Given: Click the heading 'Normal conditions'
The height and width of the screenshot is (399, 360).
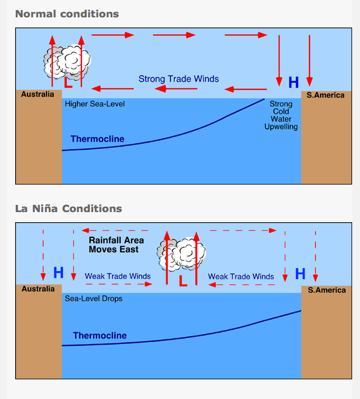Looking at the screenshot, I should point(67,13).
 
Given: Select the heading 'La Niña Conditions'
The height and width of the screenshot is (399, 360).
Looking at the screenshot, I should point(68,208).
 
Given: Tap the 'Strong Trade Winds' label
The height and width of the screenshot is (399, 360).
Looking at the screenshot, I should point(179,79).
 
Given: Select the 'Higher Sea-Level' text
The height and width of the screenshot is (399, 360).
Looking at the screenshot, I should point(95,104).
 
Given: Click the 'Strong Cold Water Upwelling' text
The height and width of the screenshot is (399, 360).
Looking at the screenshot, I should point(281,115).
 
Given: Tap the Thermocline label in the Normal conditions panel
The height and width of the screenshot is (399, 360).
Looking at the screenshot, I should point(97,139).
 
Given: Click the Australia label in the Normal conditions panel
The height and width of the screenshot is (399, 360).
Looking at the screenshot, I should point(38,94).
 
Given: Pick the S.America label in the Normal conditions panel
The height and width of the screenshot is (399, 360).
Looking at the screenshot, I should point(325,95).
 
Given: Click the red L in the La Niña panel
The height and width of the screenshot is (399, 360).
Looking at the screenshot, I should point(183,281).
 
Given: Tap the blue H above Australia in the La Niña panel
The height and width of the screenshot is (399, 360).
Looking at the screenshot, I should point(58,273).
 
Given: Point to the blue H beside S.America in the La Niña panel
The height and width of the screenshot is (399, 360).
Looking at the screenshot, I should point(300,274).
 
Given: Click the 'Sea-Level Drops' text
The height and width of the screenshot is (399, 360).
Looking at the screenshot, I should point(94,299).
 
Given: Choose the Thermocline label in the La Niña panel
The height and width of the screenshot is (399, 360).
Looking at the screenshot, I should point(99,336).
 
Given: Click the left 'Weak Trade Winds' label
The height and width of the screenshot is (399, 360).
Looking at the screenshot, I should point(117,276).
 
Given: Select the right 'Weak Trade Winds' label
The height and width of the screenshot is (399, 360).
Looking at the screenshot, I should point(241,276).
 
